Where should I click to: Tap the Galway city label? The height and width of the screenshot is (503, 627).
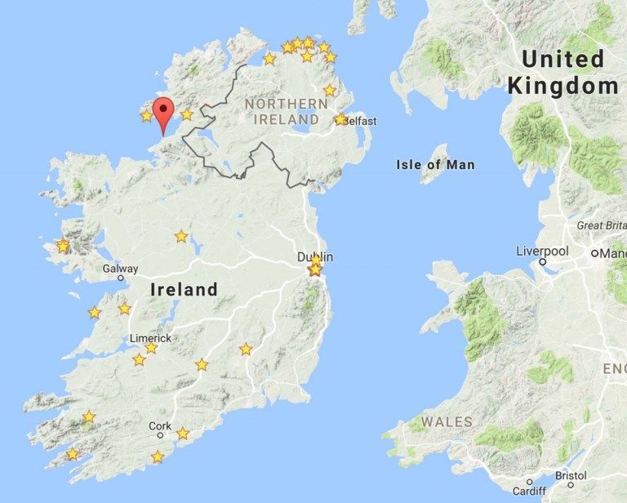(121, 269)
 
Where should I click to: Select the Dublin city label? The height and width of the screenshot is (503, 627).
(316, 257)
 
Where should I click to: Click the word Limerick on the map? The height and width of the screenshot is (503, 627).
(150, 338)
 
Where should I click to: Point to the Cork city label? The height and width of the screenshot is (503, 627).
(160, 426)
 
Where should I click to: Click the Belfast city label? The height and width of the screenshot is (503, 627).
(361, 121)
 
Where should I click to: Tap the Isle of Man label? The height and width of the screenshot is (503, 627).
(435, 165)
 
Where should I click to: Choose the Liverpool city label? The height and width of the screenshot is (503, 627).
(542, 251)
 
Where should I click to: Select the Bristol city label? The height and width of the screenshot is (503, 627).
(570, 475)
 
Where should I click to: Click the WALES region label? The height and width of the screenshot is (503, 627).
(447, 422)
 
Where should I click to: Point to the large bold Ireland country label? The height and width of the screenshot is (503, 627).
(185, 289)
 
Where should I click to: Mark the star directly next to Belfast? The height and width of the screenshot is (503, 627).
(340, 119)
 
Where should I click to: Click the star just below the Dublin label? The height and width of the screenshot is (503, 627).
(315, 269)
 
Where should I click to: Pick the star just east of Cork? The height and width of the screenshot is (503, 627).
(183, 434)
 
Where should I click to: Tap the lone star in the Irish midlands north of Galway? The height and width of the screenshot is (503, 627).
(181, 236)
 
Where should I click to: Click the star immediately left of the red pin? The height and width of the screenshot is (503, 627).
(147, 116)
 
